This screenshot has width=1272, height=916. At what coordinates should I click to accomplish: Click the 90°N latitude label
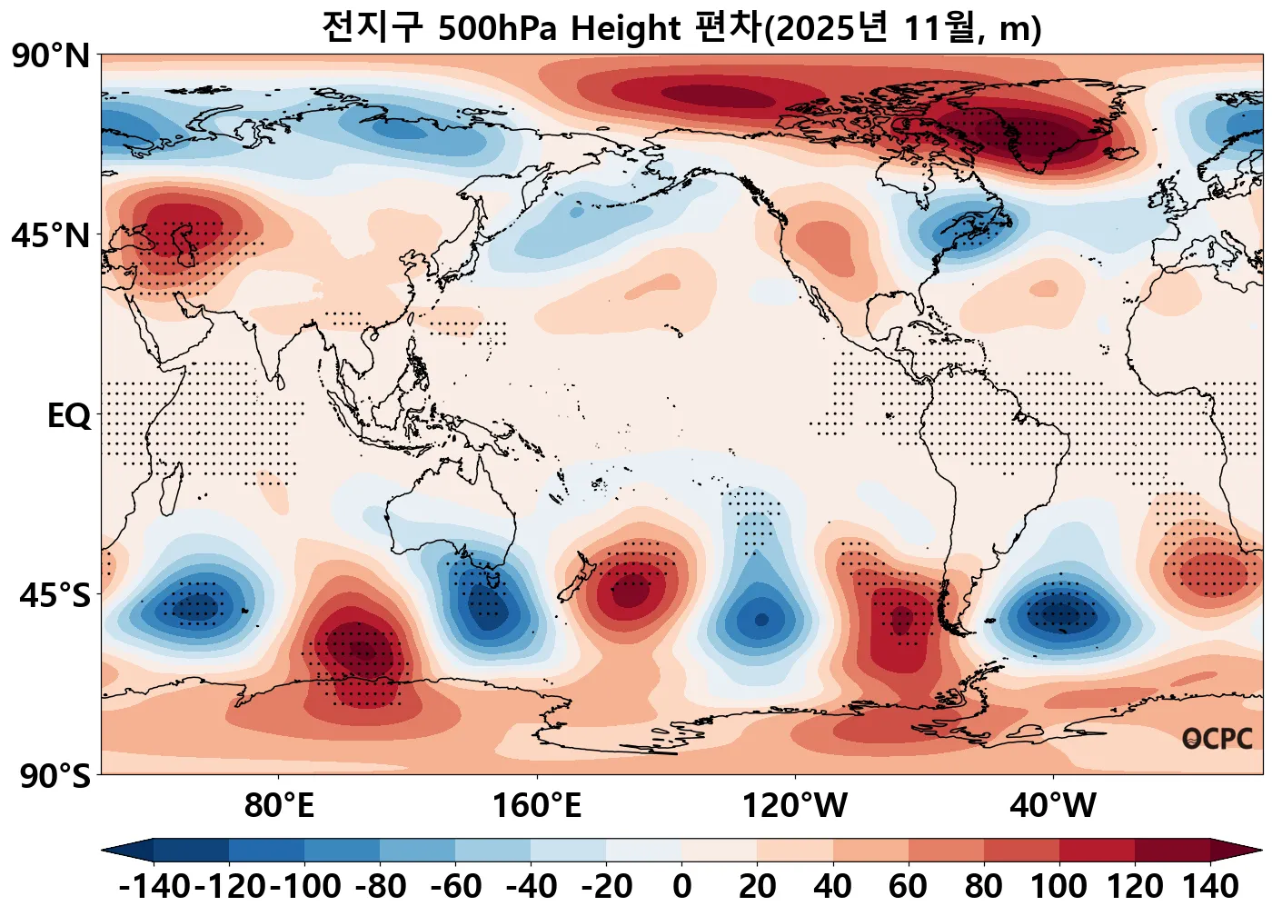(52, 56)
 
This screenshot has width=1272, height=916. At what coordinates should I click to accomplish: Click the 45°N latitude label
(52, 236)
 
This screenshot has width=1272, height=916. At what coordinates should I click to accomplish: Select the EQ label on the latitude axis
(69, 416)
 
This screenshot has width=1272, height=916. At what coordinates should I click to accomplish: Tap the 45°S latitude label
(55, 596)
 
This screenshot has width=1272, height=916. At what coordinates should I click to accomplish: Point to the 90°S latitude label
(55, 776)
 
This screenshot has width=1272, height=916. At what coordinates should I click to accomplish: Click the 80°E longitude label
(279, 805)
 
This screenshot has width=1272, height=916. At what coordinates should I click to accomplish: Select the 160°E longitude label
(537, 805)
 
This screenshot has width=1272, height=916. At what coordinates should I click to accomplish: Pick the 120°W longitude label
(795, 805)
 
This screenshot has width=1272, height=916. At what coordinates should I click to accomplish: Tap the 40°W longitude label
(1053, 805)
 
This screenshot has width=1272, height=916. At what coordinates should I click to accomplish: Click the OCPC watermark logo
(1217, 739)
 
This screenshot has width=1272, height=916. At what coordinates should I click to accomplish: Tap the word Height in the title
(626, 29)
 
